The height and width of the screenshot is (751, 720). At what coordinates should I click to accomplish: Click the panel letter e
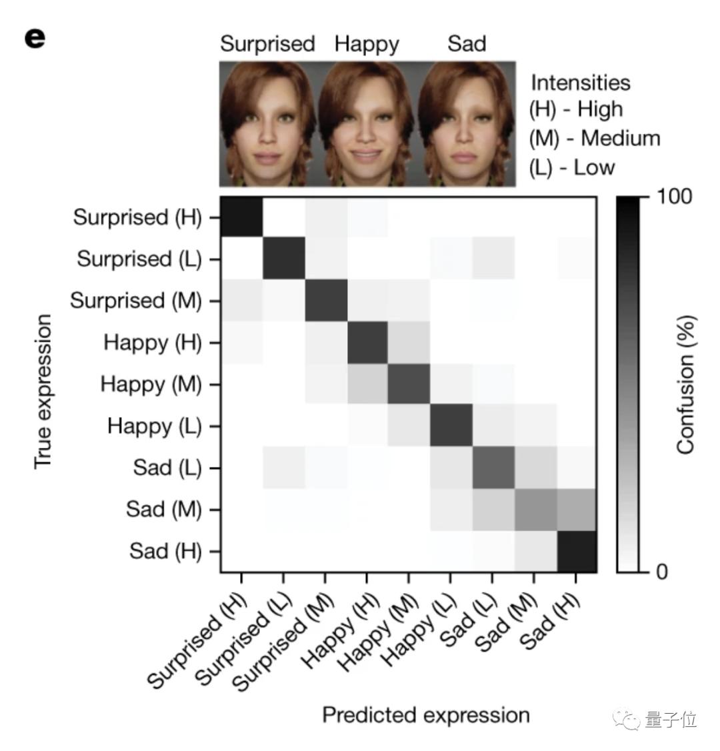[x=35, y=38]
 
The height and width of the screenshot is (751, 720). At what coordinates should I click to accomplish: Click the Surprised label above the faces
[x=267, y=44]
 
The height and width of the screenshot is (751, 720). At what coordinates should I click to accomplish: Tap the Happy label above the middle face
[x=367, y=44]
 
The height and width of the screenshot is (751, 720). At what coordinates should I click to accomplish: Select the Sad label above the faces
[x=467, y=44]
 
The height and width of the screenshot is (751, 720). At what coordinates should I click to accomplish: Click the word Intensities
[x=580, y=83]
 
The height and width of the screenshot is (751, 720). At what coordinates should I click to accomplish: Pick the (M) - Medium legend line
[x=595, y=139]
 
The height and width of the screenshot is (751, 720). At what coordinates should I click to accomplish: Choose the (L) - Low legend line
[x=571, y=167]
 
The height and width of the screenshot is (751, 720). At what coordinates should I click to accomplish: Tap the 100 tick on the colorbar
[x=674, y=197]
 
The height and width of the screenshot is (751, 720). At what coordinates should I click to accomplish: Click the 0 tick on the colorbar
[x=661, y=572]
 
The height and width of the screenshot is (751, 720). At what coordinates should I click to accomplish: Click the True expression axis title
[x=43, y=391]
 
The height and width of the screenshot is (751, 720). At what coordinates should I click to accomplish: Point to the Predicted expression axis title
[x=426, y=715]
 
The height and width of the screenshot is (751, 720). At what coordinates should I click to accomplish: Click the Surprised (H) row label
[x=137, y=217]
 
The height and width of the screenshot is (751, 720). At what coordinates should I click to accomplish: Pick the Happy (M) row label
[x=151, y=384]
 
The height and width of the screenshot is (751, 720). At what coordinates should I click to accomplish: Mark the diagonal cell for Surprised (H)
[x=241, y=217]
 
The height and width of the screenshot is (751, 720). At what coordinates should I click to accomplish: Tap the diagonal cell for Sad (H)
[x=575, y=551]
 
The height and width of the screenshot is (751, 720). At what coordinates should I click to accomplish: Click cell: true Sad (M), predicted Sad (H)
[x=575, y=510]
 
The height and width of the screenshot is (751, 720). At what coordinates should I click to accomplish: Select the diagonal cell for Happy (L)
[x=450, y=426]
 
